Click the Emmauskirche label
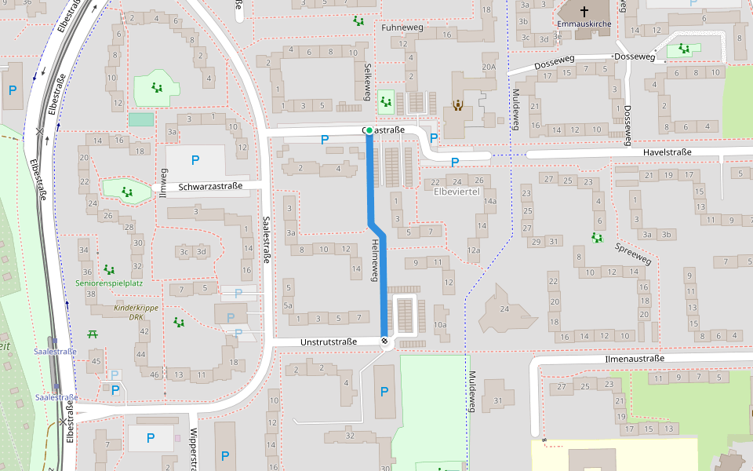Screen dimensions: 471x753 point(584,24)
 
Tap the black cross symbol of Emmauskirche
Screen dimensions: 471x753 point(584,11)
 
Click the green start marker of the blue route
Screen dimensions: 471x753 point(369,130)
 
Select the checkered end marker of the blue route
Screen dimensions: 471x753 point(384,341)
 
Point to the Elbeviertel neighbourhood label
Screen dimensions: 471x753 point(457,192)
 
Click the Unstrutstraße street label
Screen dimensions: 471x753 point(329,341)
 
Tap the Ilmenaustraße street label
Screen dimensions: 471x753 point(635,359)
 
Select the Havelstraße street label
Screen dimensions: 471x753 point(667,152)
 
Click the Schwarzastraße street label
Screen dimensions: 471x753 point(210,187)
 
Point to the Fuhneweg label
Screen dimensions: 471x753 point(402,27)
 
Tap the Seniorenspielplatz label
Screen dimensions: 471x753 point(109,283)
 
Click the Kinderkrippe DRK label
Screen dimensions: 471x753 point(129,312)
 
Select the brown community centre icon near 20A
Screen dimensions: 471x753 point(457,104)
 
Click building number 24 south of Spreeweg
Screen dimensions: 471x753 point(504,309)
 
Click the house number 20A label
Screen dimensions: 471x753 point(489,68)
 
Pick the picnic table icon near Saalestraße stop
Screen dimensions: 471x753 point(93,334)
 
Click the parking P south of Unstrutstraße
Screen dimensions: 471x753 point(384,391)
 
